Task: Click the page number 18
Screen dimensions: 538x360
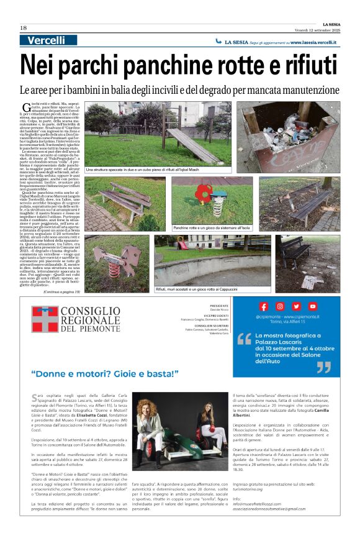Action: [23, 28]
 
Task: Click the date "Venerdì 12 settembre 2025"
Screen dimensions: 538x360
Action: [316, 30]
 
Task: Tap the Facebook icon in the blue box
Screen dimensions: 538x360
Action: [264, 306]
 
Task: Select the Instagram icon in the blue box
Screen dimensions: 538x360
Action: [280, 306]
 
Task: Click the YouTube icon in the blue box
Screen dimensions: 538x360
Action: [312, 306]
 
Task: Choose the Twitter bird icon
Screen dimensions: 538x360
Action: [296, 306]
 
